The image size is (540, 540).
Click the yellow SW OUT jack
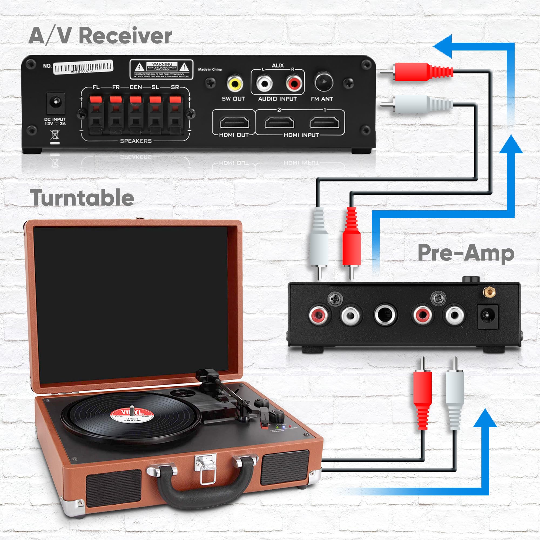pyautogui.click(x=235, y=83)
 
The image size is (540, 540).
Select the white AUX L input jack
pyautogui.click(x=264, y=83)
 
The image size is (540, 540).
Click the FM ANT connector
pyautogui.click(x=324, y=82)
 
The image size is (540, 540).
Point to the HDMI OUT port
pyautogui.click(x=234, y=122)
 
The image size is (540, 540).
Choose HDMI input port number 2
pyautogui.click(x=279, y=122)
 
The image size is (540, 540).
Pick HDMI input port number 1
pyautogui.click(x=324, y=122)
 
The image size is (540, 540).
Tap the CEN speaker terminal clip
pyautogui.click(x=136, y=112)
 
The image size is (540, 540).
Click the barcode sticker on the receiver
pyautogui.click(x=83, y=67)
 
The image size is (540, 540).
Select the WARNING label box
pyautogui.click(x=161, y=69)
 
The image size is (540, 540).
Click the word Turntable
pyautogui.click(x=82, y=198)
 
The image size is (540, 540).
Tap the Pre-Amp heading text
pyautogui.click(x=466, y=253)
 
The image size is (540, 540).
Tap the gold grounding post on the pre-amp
pyautogui.click(x=489, y=293)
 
